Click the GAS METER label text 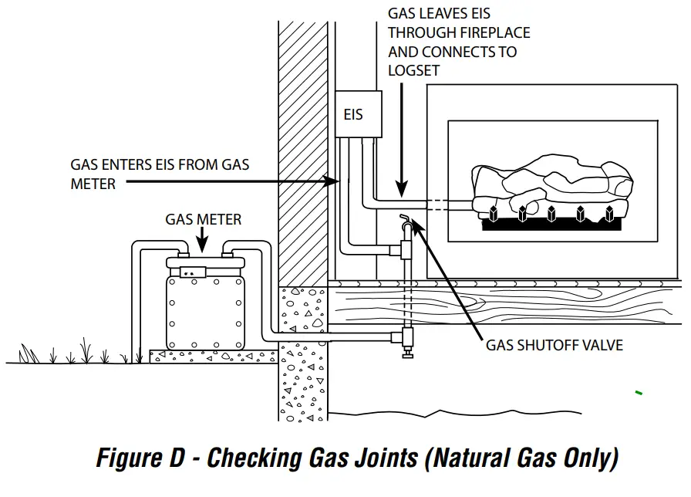coord(203,220)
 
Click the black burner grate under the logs coord(551,225)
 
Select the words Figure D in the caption coord(140,458)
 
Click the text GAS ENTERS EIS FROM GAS coord(160,165)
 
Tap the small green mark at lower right coord(639,394)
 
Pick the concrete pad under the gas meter coord(211,356)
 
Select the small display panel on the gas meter coord(192,272)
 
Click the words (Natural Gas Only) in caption coord(521,458)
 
